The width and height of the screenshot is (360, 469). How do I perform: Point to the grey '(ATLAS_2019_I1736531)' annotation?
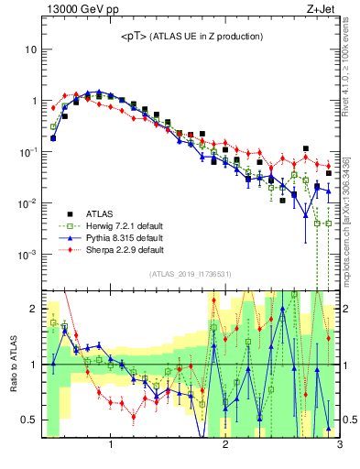tap(191, 274)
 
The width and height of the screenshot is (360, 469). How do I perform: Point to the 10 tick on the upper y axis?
tap(30, 49)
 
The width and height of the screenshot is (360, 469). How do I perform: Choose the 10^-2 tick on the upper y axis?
tap(27, 202)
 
